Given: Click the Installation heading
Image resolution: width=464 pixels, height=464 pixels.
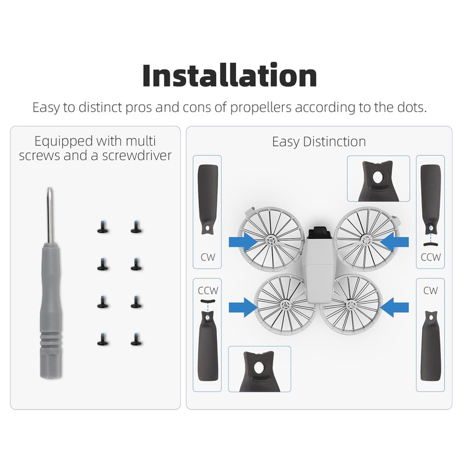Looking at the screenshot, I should click(x=230, y=76).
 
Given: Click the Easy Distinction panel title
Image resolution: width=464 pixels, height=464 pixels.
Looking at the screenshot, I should click(x=319, y=142).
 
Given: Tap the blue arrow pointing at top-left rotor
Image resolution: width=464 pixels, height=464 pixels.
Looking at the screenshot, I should click(x=242, y=239).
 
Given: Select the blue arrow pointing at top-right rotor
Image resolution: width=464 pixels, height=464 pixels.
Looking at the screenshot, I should click(x=396, y=239).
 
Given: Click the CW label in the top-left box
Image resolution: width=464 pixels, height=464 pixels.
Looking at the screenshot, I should click(x=207, y=257).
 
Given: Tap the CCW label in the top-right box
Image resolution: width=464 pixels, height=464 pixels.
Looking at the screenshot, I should click(x=431, y=257).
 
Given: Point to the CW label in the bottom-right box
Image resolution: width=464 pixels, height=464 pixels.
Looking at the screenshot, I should click(x=431, y=290).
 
